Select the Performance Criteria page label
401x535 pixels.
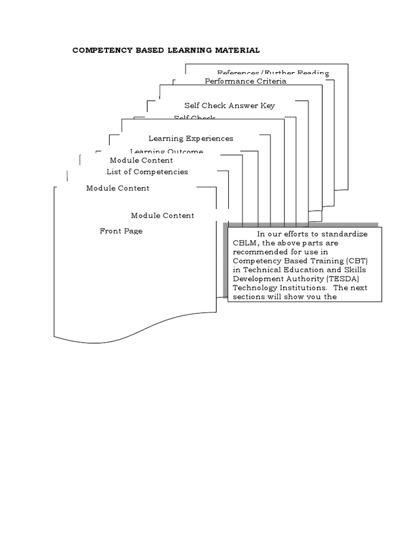(x=245, y=81)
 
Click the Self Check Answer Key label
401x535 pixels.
(x=229, y=106)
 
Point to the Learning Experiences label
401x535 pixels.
(x=191, y=138)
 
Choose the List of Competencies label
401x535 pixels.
(x=147, y=171)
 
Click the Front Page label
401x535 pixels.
(x=121, y=231)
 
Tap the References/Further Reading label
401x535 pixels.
(x=273, y=73)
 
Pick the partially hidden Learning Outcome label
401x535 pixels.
(x=167, y=152)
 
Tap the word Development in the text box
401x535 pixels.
(x=257, y=278)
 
